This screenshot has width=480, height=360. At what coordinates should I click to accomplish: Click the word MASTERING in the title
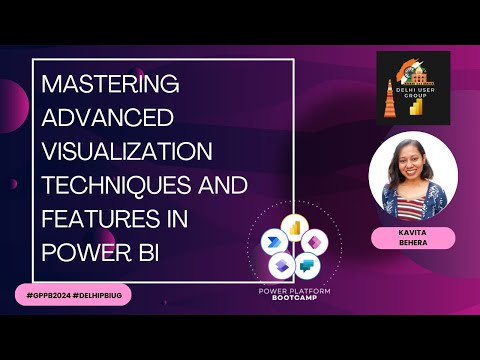click(x=110, y=84)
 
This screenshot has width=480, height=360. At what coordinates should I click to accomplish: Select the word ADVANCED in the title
click(x=108, y=117)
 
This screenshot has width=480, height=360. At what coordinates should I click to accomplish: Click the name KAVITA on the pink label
click(x=413, y=232)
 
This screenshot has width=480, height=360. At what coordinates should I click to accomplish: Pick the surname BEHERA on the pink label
click(x=413, y=243)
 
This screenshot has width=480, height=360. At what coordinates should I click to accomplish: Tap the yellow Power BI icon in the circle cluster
click(x=293, y=228)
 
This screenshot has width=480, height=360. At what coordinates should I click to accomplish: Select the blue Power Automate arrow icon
click(x=273, y=242)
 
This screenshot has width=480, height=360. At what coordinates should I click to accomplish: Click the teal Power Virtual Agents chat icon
click(x=306, y=266)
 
